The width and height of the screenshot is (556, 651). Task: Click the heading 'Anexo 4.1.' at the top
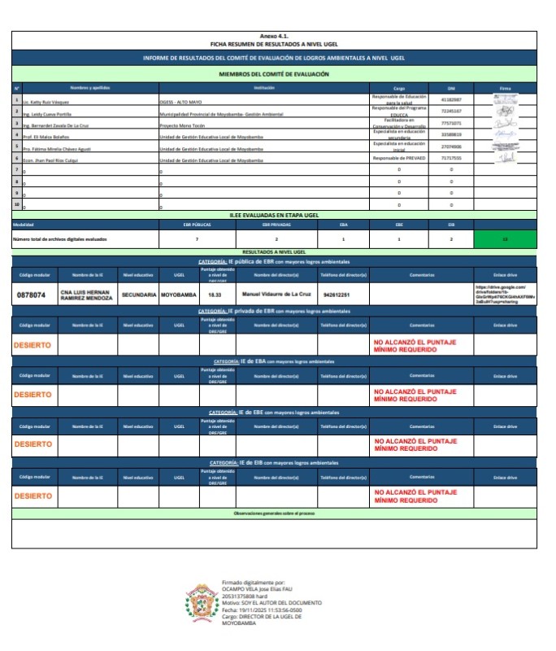tap(274, 37)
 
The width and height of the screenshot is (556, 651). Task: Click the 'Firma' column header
tap(505, 87)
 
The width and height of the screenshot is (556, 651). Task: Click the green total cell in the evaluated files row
tap(505, 239)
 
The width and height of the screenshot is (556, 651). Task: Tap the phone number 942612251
tap(337, 295)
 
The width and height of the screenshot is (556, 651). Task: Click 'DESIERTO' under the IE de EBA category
tap(33, 394)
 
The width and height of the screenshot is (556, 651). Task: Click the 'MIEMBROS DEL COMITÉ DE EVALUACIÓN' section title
tap(274, 74)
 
